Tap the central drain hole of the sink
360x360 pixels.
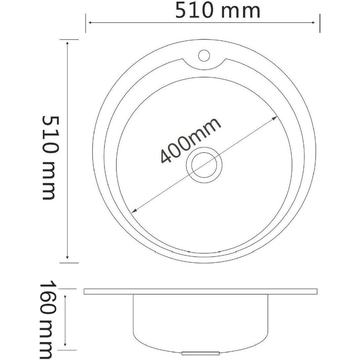tap(204, 165)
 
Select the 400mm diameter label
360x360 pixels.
tap(190, 141)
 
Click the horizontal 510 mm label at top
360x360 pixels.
tap(218, 10)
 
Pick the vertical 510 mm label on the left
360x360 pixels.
tap(50, 158)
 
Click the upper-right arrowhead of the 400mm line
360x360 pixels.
tap(275, 118)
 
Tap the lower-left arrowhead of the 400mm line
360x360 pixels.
tap(134, 210)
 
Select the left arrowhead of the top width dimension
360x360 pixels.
tap(90, 22)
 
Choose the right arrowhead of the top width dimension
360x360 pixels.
tap(313, 22)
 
